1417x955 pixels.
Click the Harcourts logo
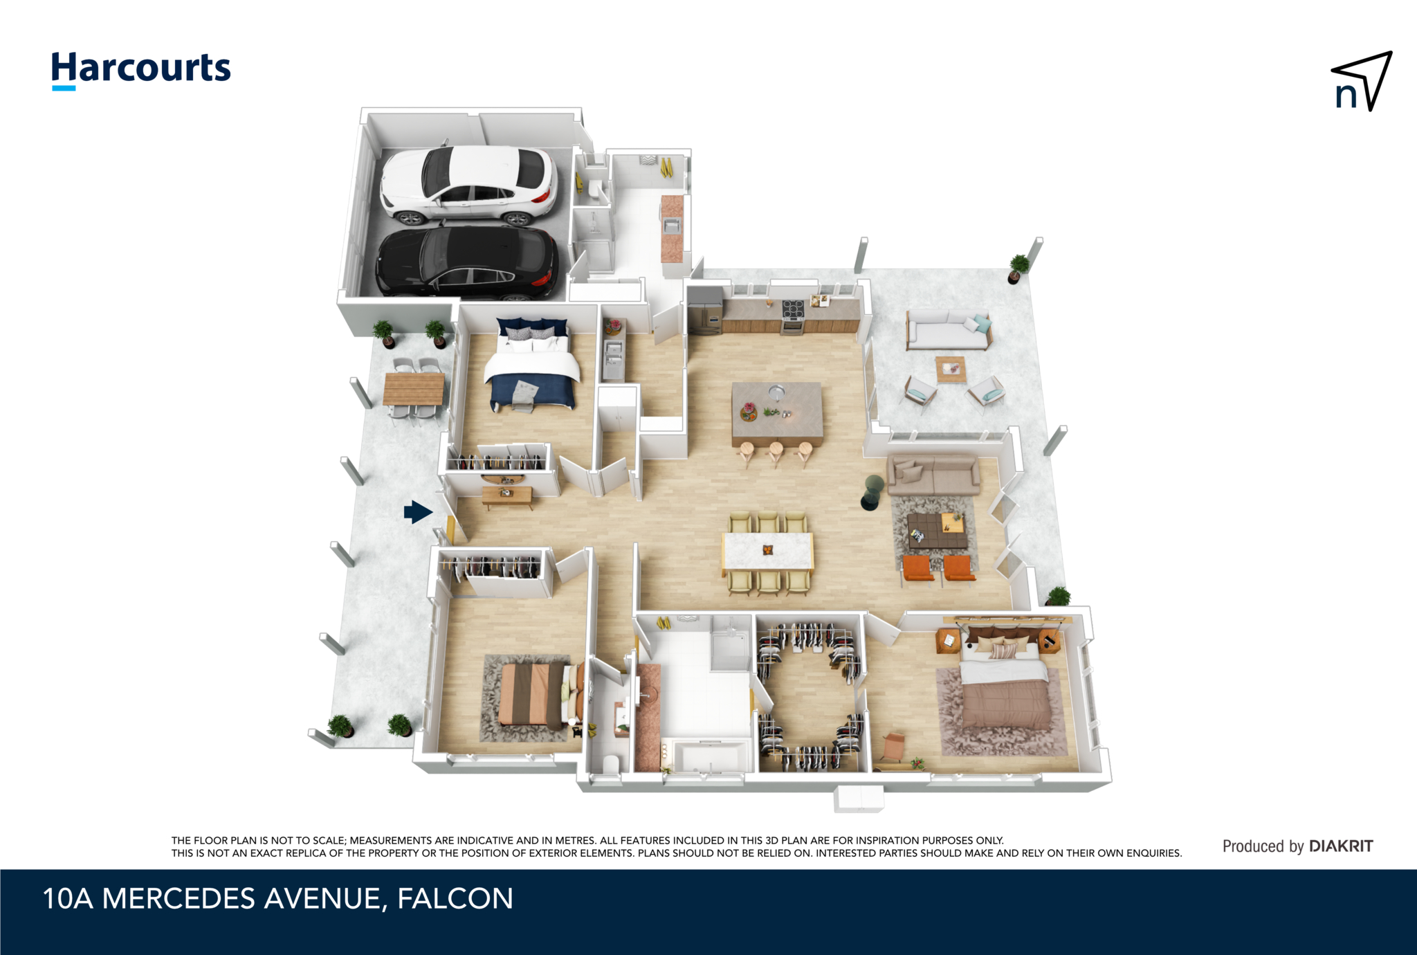(x=141, y=70)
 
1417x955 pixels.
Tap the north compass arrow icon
(x=1361, y=81)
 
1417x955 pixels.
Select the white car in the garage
(x=468, y=185)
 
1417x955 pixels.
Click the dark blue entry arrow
(x=418, y=512)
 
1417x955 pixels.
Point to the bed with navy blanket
(x=531, y=365)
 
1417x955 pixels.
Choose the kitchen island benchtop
(x=777, y=413)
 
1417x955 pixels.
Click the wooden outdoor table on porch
(x=414, y=388)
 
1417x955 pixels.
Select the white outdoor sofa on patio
(x=949, y=330)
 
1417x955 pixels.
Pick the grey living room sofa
(x=934, y=474)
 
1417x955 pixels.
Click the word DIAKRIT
(x=1341, y=846)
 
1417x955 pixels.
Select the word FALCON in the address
(x=455, y=898)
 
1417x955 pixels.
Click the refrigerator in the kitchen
(x=705, y=309)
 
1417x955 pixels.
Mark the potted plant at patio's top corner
(x=1018, y=269)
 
